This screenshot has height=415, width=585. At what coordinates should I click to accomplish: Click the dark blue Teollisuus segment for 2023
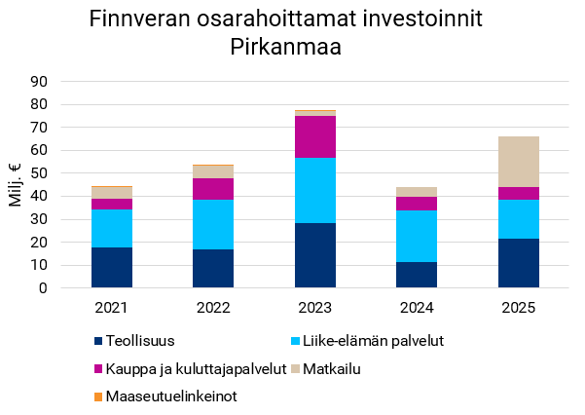314,255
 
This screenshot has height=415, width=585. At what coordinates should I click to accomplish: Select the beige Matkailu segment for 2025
518,162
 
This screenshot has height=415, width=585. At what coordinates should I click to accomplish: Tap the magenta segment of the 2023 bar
314,136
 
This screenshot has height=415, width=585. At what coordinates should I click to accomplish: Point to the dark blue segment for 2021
112,267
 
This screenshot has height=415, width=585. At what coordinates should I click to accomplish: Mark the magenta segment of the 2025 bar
518,193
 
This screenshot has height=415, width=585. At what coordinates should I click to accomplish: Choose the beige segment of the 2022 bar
213,171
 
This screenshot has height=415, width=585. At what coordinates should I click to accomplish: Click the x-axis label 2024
416,308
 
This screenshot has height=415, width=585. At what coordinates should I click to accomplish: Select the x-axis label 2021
112,308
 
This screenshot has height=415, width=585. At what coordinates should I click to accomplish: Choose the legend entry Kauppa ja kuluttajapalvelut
195,368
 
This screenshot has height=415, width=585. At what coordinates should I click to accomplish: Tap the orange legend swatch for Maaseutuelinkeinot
98,396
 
